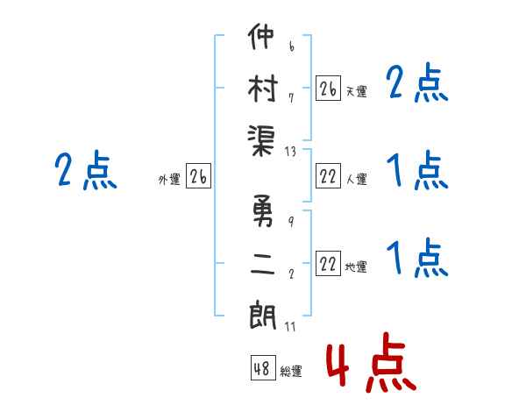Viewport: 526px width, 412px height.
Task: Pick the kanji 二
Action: click(262, 264)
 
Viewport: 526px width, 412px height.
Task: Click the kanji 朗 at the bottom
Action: click(262, 313)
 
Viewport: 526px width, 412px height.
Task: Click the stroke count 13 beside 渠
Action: click(291, 152)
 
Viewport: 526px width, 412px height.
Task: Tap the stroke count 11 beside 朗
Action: click(291, 328)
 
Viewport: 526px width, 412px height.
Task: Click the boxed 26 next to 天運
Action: click(328, 88)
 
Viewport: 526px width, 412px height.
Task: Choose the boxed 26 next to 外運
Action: click(198, 178)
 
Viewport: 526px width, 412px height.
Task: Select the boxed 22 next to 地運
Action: click(328, 265)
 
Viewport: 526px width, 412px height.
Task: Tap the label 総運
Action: click(291, 372)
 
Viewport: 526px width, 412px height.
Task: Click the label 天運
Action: click(356, 91)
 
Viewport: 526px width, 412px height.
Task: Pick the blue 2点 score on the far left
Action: click(85, 171)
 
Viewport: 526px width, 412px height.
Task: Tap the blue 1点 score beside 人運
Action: click(416, 170)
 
